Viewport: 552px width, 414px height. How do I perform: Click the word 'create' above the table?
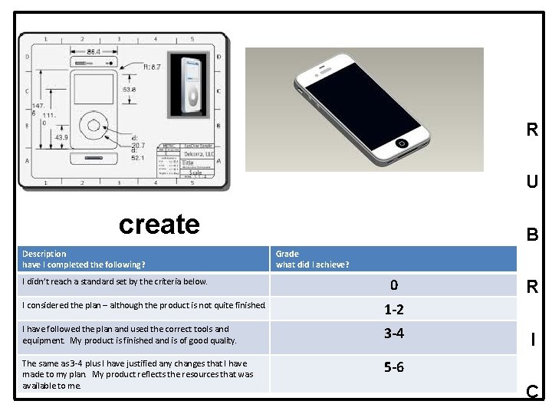pyautogui.click(x=159, y=224)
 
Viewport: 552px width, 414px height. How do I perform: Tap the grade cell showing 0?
pyautogui.click(x=393, y=285)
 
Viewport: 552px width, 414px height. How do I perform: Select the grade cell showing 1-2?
pyautogui.click(x=393, y=310)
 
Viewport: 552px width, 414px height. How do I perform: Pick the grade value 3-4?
pyautogui.click(x=393, y=333)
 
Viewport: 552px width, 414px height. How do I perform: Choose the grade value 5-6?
pyautogui.click(x=393, y=367)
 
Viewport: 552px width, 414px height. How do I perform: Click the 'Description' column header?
pyautogui.click(x=44, y=254)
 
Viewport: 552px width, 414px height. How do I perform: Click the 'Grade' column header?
pyautogui.click(x=287, y=254)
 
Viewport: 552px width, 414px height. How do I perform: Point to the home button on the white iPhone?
pyautogui.click(x=401, y=143)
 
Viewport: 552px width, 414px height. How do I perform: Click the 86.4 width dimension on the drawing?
pyautogui.click(x=93, y=51)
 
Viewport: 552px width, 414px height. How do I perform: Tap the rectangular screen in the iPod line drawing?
pyautogui.click(x=94, y=89)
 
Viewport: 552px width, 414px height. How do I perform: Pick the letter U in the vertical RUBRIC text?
pyautogui.click(x=531, y=182)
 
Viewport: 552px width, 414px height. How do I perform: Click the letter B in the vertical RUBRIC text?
pyautogui.click(x=531, y=235)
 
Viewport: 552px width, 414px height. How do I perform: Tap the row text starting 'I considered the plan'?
pyautogui.click(x=144, y=305)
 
